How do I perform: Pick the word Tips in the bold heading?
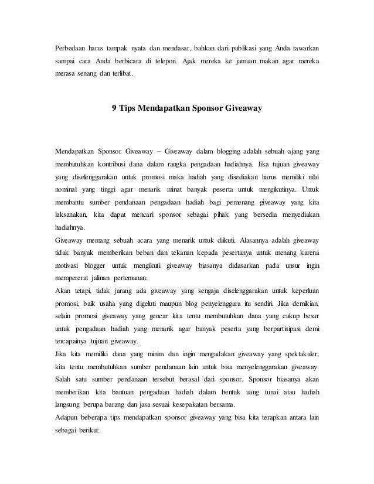pos(127,108)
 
